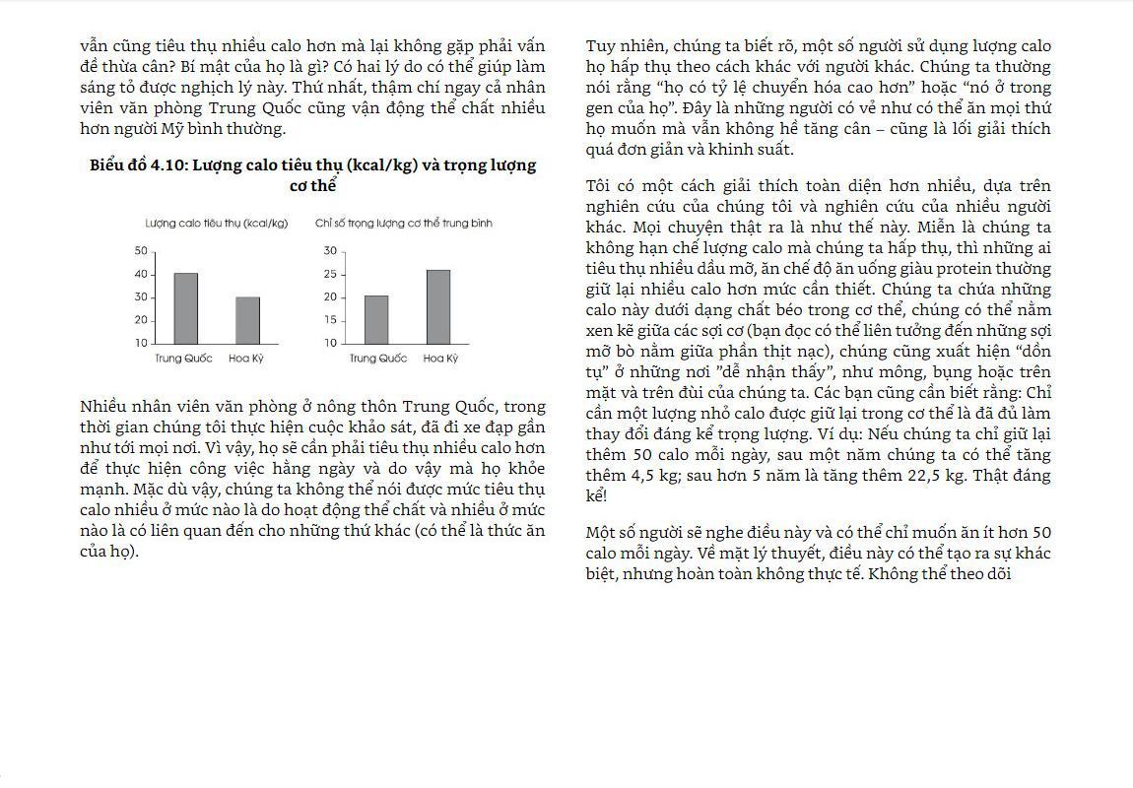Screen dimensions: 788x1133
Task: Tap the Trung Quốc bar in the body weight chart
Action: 376,319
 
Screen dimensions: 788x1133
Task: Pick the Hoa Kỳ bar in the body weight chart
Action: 437,306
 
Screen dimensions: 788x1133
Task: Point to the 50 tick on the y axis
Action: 141,251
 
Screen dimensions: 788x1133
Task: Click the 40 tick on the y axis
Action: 141,274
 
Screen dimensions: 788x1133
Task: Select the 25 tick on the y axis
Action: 330,274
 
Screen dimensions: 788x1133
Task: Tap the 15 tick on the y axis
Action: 330,320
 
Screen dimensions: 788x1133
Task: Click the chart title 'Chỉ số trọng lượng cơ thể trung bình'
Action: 404,224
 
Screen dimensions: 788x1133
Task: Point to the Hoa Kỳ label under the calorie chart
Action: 246,359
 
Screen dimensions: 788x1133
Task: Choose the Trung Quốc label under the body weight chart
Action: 377,359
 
